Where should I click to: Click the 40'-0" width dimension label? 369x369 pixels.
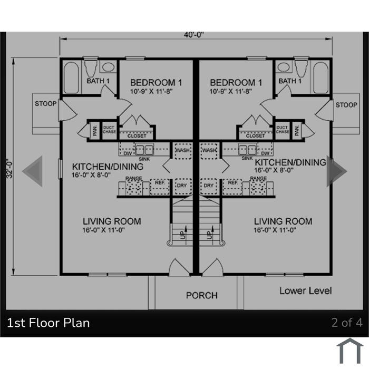(x=193, y=35)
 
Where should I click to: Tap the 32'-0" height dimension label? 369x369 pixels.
(x=9, y=169)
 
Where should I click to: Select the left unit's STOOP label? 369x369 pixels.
(x=46, y=103)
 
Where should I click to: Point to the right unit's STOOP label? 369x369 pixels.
(x=346, y=105)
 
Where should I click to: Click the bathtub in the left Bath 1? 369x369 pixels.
(x=71, y=77)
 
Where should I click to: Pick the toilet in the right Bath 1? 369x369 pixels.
(x=301, y=67)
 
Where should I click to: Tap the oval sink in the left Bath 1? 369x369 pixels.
(x=109, y=67)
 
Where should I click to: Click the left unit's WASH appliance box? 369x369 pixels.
(x=183, y=151)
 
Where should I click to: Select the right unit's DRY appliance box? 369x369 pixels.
(x=209, y=187)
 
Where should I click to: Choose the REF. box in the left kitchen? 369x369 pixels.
(x=160, y=187)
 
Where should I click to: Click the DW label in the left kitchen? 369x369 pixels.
(x=128, y=153)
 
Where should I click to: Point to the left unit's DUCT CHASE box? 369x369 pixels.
(x=110, y=130)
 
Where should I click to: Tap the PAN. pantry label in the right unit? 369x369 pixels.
(x=297, y=130)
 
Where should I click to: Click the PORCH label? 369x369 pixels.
(x=202, y=295)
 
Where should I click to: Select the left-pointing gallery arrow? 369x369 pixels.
(x=33, y=171)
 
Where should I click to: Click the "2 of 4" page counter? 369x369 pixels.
(x=347, y=323)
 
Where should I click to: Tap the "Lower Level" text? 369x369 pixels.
(x=305, y=291)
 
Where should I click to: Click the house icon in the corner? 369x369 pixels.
(x=349, y=351)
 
